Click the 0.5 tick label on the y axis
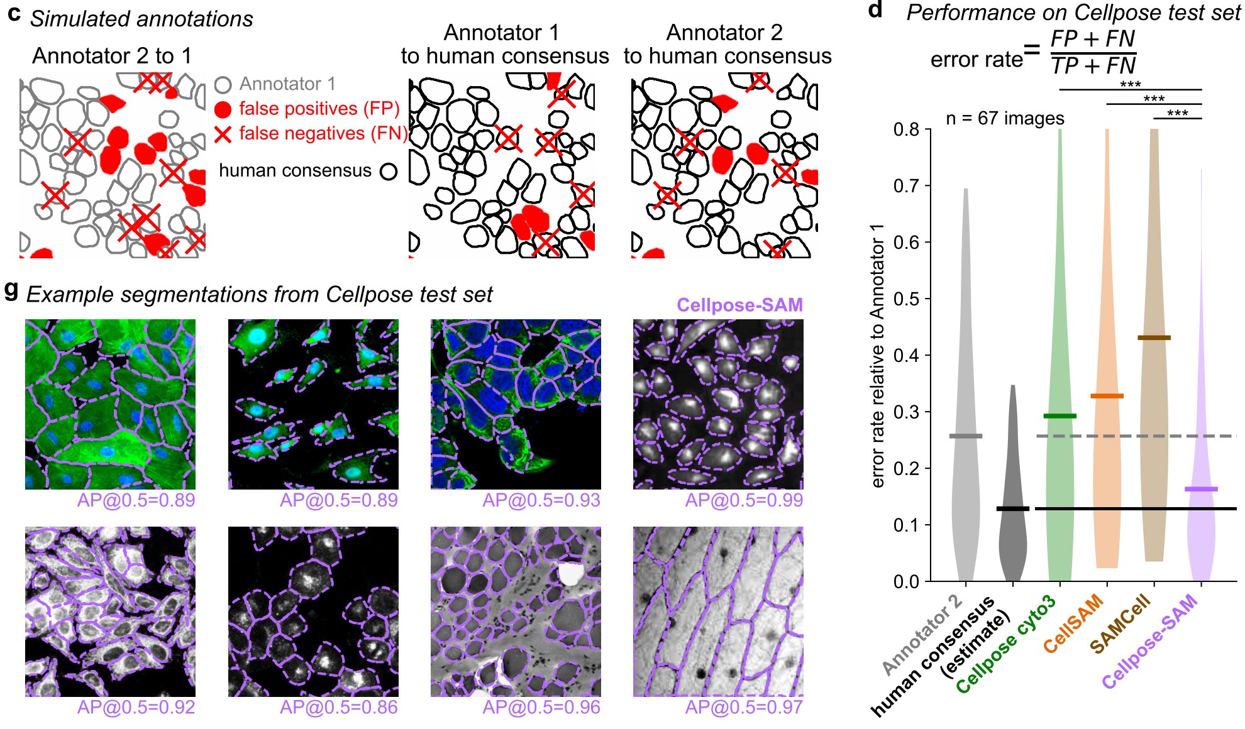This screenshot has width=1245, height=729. pyautogui.click(x=906, y=299)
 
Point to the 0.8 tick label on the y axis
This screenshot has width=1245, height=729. pyautogui.click(x=906, y=129)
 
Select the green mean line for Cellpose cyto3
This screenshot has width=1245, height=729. pyautogui.click(x=1060, y=416)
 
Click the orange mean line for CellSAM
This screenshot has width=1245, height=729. pyautogui.click(x=1107, y=396)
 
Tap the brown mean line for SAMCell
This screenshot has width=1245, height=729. pyautogui.click(x=1154, y=338)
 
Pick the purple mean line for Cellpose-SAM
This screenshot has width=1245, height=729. pyautogui.click(x=1201, y=489)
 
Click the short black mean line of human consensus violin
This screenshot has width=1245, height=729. pyautogui.click(x=1013, y=508)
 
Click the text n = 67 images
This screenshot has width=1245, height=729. pyautogui.click(x=1005, y=118)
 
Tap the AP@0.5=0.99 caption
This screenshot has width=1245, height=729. pyautogui.click(x=744, y=500)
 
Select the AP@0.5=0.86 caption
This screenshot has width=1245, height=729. pyautogui.click(x=338, y=708)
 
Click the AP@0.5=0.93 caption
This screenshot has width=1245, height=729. pyautogui.click(x=541, y=500)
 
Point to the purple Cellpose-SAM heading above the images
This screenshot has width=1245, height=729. pyautogui.click(x=739, y=305)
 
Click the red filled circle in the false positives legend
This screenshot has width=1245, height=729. pyautogui.click(x=223, y=109)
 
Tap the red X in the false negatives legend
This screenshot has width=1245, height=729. pyautogui.click(x=223, y=134)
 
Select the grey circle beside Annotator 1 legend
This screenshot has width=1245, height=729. pyautogui.click(x=223, y=84)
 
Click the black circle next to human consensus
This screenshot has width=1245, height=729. pyautogui.click(x=389, y=171)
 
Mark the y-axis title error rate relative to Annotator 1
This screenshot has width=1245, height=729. pyautogui.click(x=878, y=355)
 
